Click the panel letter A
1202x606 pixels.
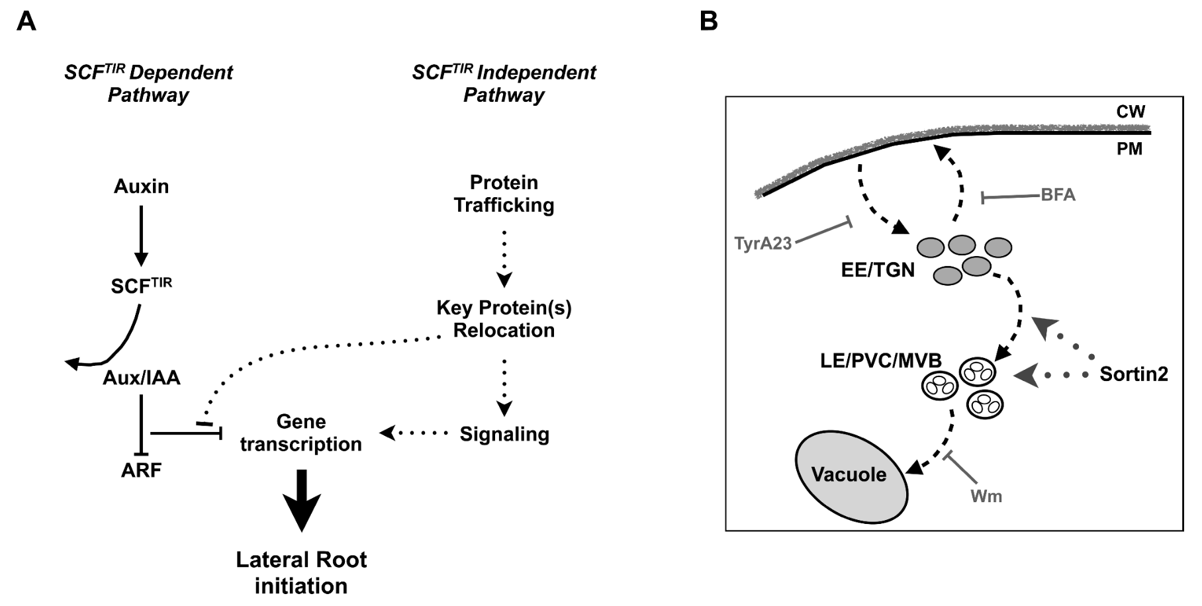coord(26,22)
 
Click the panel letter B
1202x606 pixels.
coord(708,22)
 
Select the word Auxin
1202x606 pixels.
coord(141,187)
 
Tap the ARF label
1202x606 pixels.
coord(141,470)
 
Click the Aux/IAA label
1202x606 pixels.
coord(141,378)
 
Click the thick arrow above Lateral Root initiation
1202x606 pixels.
coord(301,500)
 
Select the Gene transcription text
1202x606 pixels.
coord(300,433)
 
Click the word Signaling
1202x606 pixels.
coord(504,434)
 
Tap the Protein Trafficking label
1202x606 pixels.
coord(504,194)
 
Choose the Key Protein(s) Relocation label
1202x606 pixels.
coord(504,319)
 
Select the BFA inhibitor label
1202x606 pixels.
coord(1058,195)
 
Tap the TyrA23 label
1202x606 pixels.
coord(763,243)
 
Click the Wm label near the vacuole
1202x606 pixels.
coord(986,496)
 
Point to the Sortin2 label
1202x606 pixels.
coord(1133,374)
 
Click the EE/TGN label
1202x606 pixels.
coord(878,270)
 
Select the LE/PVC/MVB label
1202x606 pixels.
coord(880,361)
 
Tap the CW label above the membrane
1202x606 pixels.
coord(1130,112)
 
